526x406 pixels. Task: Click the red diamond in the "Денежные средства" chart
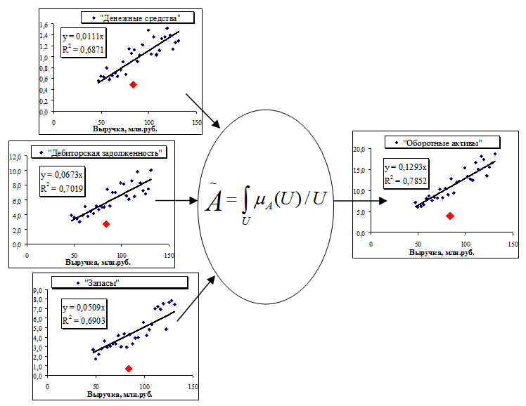pyautogui.click(x=133, y=84)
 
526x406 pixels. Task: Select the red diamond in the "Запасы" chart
pyautogui.click(x=129, y=368)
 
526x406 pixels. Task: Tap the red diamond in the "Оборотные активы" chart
pyautogui.click(x=450, y=216)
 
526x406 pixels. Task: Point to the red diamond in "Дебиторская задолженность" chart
pyautogui.click(x=106, y=224)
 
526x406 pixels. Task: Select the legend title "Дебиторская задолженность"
pyautogui.click(x=107, y=152)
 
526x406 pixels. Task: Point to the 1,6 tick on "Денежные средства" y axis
pyautogui.click(x=44, y=26)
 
